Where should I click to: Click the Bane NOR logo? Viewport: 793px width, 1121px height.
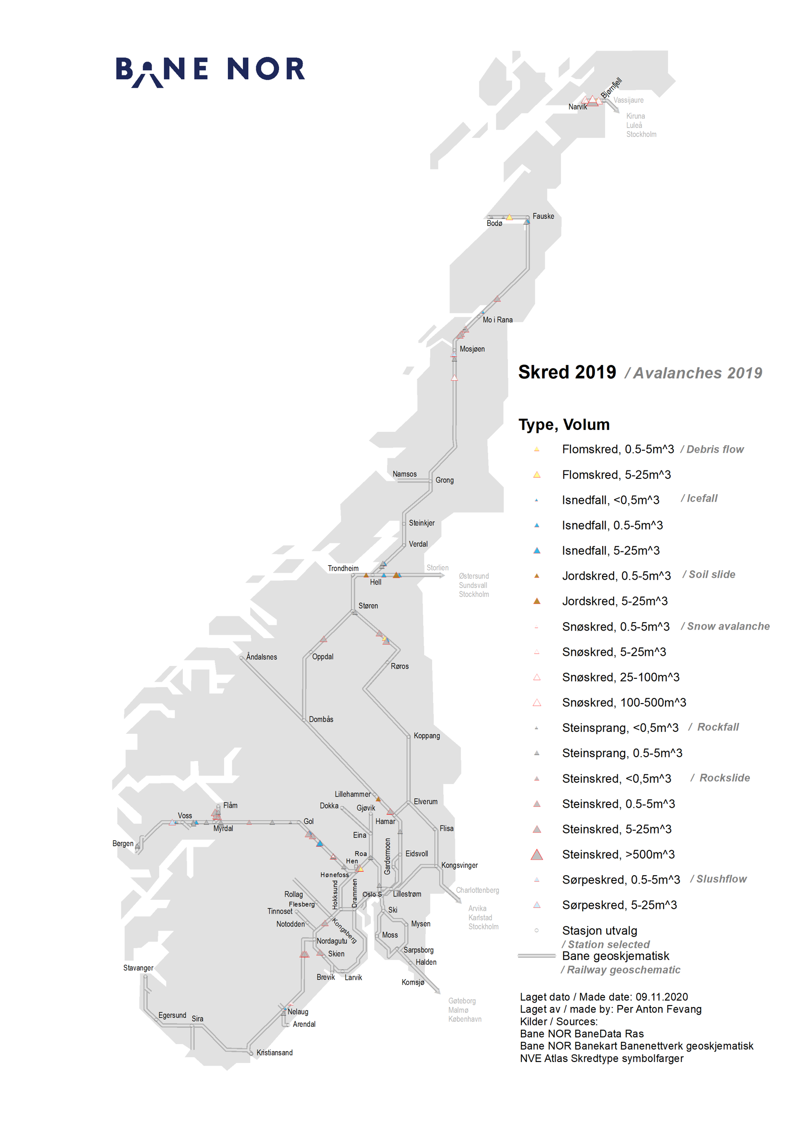tap(210, 70)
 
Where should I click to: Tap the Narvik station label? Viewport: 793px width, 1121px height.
tap(577, 107)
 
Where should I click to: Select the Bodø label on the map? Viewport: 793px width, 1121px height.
tap(494, 223)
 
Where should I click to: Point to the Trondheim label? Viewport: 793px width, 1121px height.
tap(343, 568)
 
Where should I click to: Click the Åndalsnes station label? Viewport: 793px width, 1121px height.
tap(261, 657)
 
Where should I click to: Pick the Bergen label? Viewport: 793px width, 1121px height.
tap(123, 843)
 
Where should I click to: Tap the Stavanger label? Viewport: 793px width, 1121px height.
tap(138, 968)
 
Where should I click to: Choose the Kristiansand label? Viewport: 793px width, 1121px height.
tap(274, 1053)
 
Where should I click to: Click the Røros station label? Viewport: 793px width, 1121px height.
tap(399, 666)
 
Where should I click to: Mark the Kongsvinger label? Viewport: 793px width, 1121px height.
tap(459, 865)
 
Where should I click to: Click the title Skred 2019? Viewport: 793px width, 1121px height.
tap(567, 372)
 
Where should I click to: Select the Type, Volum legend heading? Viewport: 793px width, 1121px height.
tap(564, 424)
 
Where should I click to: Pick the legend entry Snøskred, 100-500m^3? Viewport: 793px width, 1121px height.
tap(624, 703)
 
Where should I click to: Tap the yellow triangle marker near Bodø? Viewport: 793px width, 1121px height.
tap(509, 217)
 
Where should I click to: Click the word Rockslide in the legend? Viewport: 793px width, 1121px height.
tap(724, 777)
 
